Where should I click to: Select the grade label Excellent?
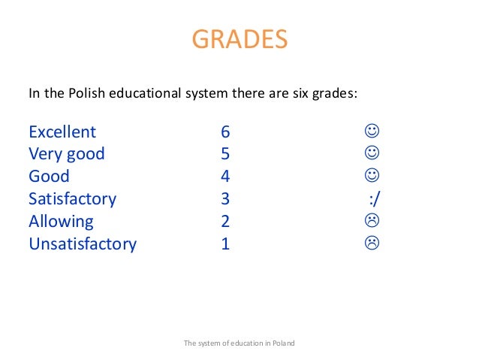click(x=62, y=132)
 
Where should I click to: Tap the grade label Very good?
click(x=67, y=155)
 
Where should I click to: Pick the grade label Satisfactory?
click(x=72, y=199)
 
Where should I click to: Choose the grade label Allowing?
click(x=61, y=222)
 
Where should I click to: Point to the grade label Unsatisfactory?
click(x=83, y=244)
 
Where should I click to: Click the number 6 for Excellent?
click(x=225, y=132)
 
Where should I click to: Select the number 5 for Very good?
click(x=225, y=155)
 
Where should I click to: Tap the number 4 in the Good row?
click(x=225, y=177)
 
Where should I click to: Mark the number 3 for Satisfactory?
click(x=225, y=199)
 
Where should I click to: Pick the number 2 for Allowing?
click(x=225, y=222)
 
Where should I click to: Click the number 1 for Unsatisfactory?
click(x=225, y=244)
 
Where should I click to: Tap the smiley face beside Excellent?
click(x=371, y=132)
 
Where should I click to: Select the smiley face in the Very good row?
click(x=371, y=153)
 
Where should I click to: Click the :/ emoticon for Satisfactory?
click(x=376, y=199)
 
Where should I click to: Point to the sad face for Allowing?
click(x=371, y=221)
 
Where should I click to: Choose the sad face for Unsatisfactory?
click(x=371, y=243)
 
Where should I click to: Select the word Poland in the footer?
click(x=282, y=343)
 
